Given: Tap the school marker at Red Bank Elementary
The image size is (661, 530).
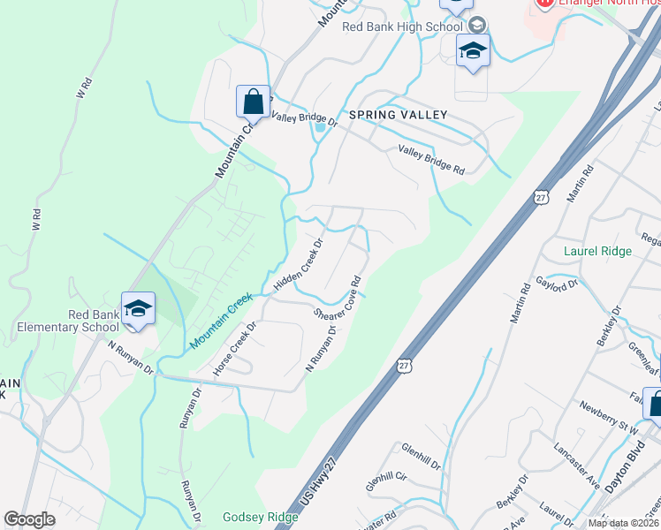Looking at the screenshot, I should point(138,310).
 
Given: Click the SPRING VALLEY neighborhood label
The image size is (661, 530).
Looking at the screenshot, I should point(398,115).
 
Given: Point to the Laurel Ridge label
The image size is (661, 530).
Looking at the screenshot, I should point(598,251).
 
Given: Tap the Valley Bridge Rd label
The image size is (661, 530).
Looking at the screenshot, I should point(430,160).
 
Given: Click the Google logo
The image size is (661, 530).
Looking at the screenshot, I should point(29,519).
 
